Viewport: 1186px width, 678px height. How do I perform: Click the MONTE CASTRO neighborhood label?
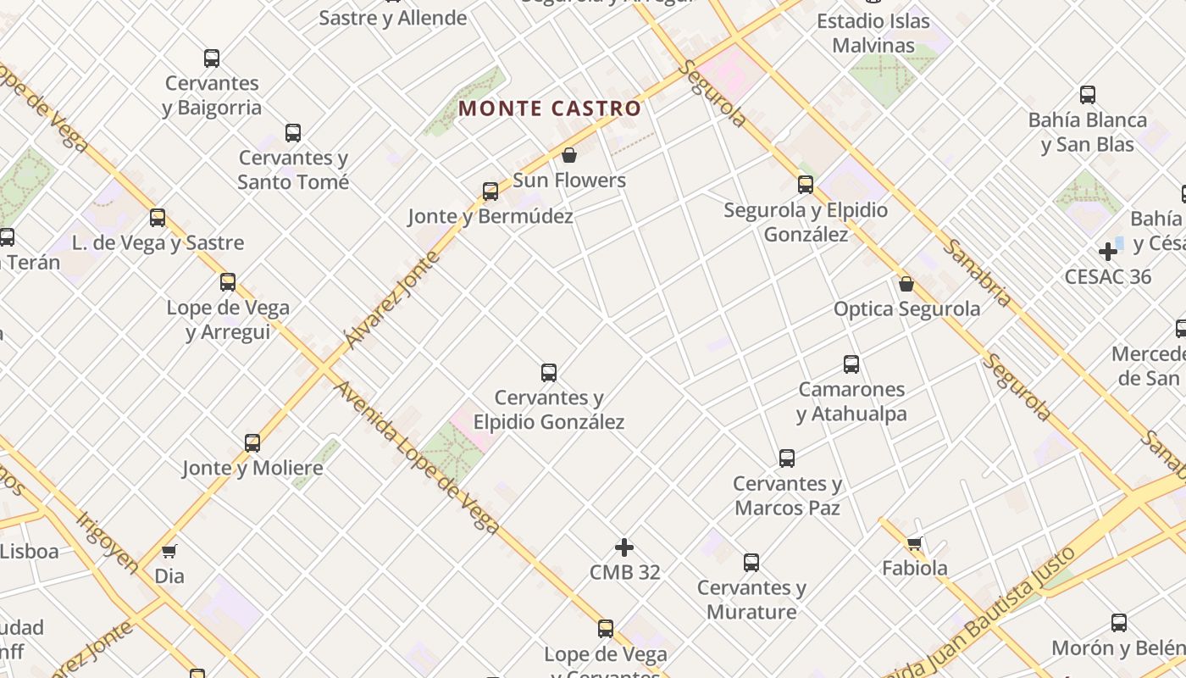click(x=550, y=108)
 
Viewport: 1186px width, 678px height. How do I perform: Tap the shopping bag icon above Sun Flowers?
click(x=569, y=155)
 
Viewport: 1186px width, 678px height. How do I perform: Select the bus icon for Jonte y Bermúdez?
click(x=490, y=192)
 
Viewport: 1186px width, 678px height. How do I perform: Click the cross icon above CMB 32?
click(x=624, y=547)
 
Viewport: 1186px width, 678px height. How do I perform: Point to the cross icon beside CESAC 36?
click(x=1108, y=252)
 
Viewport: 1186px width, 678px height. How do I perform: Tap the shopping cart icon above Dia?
click(x=169, y=552)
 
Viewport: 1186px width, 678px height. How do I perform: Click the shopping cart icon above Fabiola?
click(x=914, y=543)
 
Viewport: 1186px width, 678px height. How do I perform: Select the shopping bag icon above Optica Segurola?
click(x=906, y=284)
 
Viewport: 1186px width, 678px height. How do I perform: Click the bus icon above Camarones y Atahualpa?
click(x=851, y=364)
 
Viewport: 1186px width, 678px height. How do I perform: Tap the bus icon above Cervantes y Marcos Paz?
click(x=787, y=458)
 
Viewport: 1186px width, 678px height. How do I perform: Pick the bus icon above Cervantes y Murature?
click(x=751, y=563)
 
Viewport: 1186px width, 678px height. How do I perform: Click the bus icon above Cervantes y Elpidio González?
click(x=549, y=372)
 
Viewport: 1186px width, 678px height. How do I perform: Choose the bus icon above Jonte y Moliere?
click(x=252, y=442)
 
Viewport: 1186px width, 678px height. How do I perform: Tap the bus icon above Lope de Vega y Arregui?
click(x=228, y=282)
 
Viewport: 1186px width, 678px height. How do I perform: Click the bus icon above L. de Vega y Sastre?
click(x=158, y=218)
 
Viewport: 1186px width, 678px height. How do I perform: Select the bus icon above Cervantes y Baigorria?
click(x=212, y=58)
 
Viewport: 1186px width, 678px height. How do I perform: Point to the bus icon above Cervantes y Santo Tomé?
click(x=293, y=133)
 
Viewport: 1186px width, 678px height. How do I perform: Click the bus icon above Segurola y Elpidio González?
click(x=806, y=185)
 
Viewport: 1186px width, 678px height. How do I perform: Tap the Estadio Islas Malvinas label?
click(x=873, y=33)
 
